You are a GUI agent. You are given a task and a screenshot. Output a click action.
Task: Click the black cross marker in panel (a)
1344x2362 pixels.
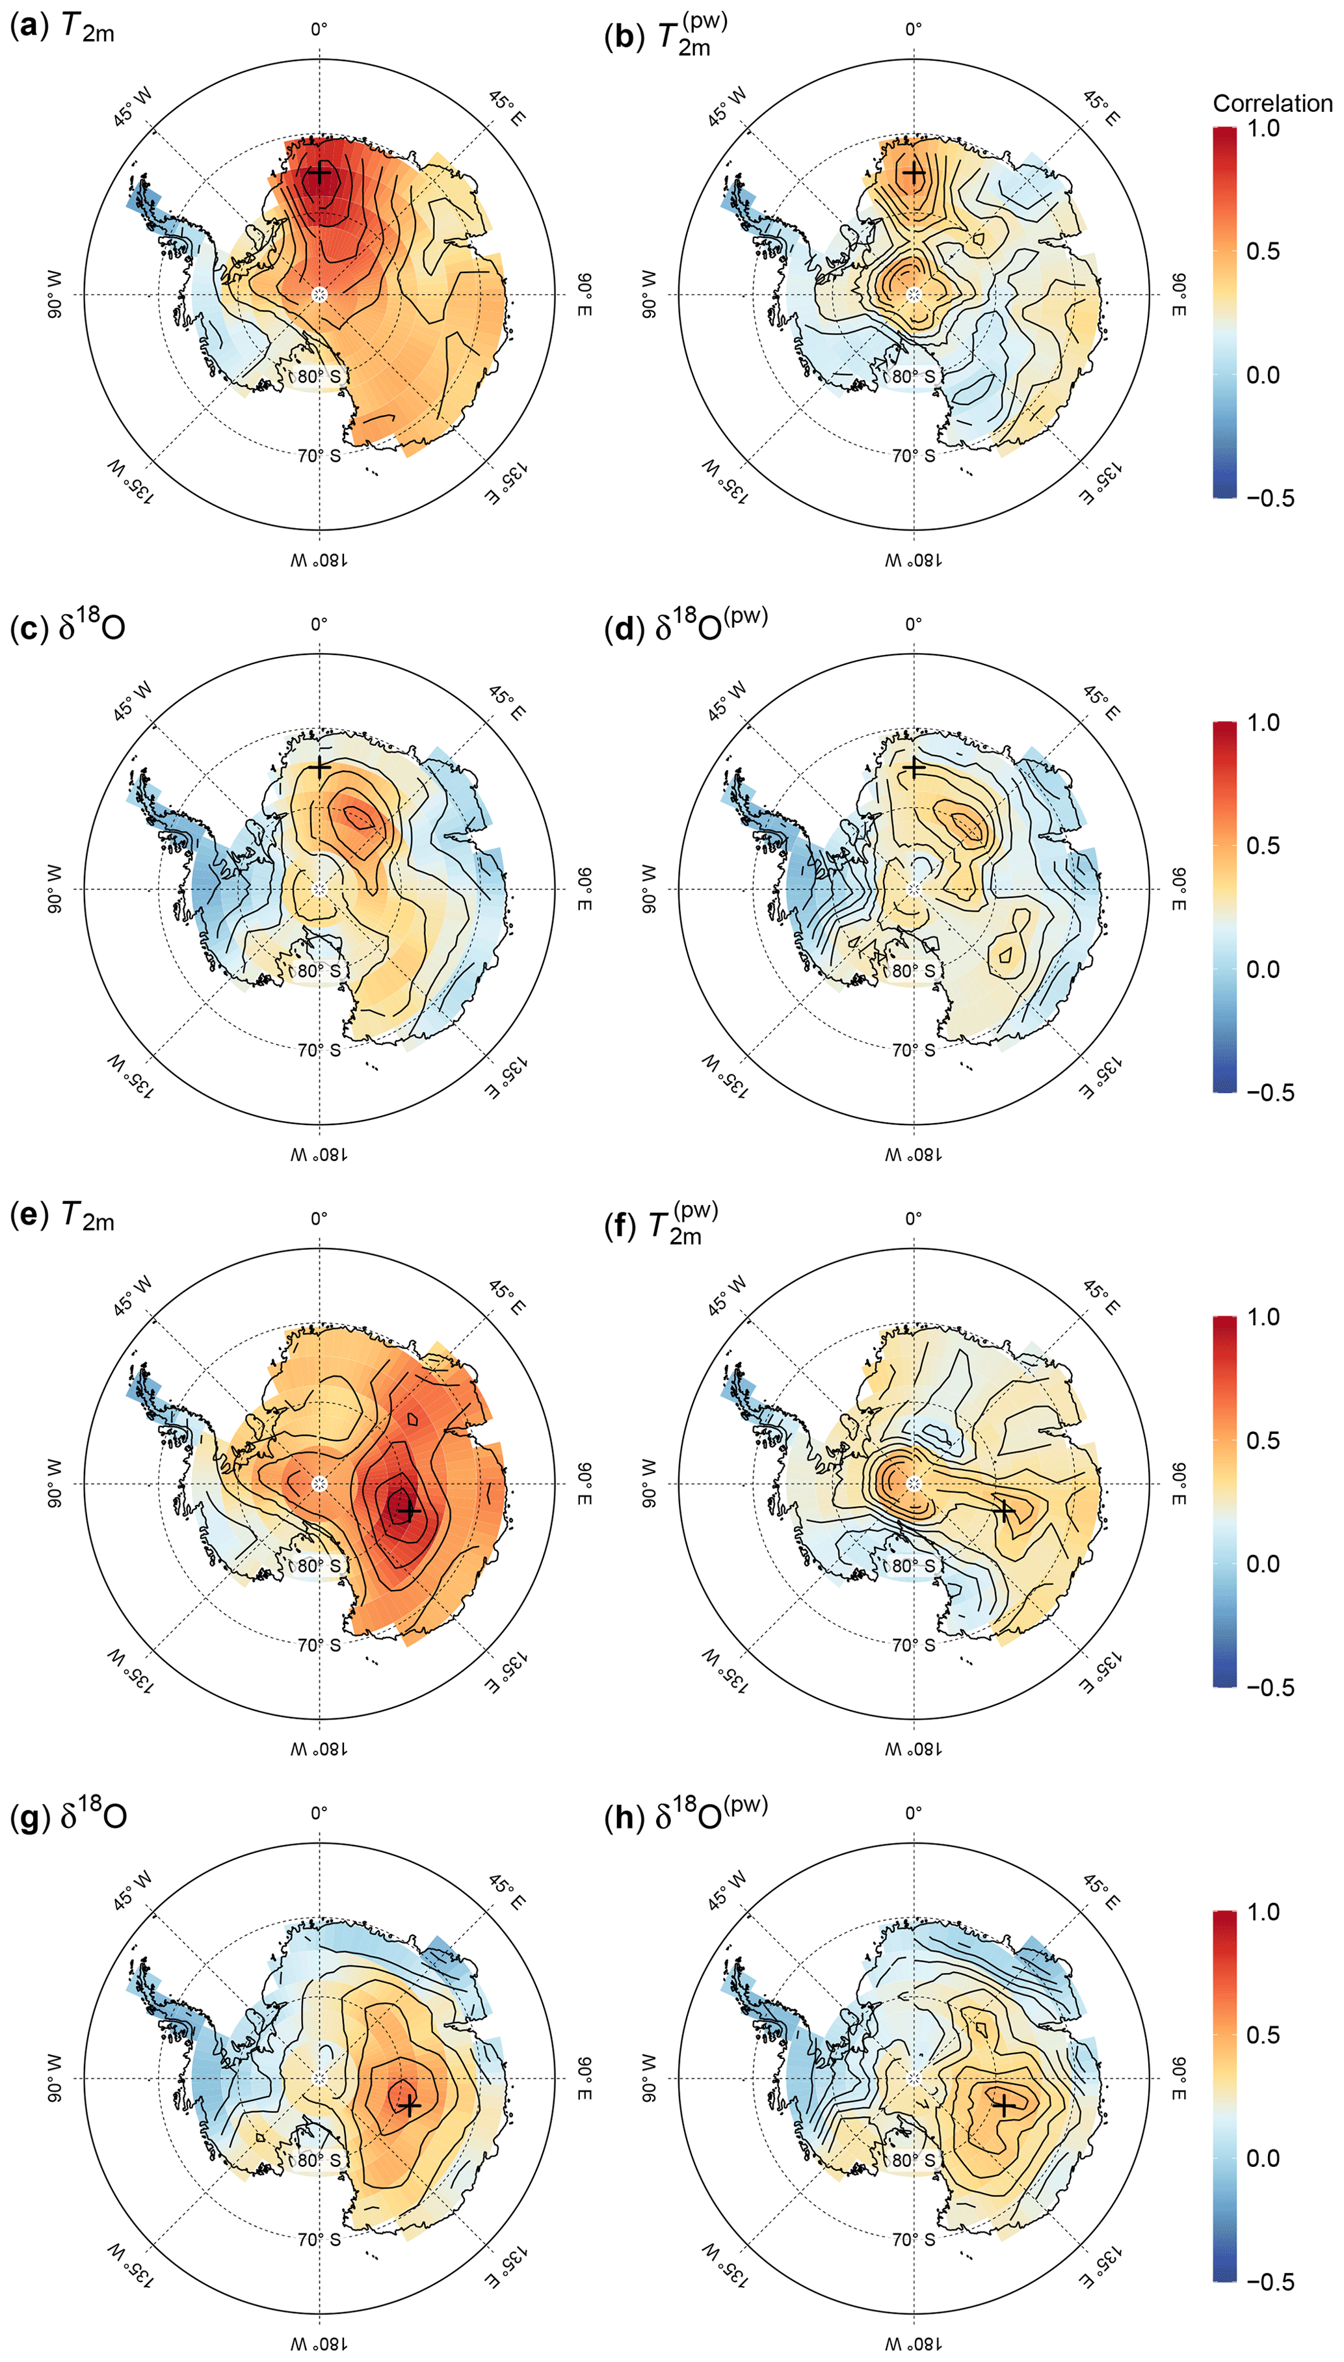(319, 174)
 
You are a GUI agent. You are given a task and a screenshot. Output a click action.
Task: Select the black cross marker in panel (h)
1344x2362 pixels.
(1003, 2105)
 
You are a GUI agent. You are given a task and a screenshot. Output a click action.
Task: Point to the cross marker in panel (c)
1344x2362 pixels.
(319, 767)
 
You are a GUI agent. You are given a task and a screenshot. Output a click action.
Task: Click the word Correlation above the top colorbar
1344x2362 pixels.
(1272, 103)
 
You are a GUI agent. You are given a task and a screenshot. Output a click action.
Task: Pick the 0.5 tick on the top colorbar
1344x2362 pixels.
(1263, 251)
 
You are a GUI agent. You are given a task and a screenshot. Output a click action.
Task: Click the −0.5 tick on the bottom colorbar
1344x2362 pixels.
(1270, 2282)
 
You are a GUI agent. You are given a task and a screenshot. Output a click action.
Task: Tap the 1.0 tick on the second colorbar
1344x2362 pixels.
(1263, 723)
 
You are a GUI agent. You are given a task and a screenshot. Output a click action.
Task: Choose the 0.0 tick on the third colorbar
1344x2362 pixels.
(1263, 1563)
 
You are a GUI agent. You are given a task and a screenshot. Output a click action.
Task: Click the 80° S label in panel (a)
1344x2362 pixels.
(319, 377)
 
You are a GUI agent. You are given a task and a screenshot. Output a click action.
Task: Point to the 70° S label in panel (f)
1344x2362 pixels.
(913, 1644)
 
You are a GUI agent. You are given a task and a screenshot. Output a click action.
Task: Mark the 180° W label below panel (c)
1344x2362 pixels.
(319, 1154)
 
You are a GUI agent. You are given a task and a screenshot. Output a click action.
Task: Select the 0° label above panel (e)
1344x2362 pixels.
(319, 1218)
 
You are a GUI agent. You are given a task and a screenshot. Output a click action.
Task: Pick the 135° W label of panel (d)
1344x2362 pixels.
(726, 1075)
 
